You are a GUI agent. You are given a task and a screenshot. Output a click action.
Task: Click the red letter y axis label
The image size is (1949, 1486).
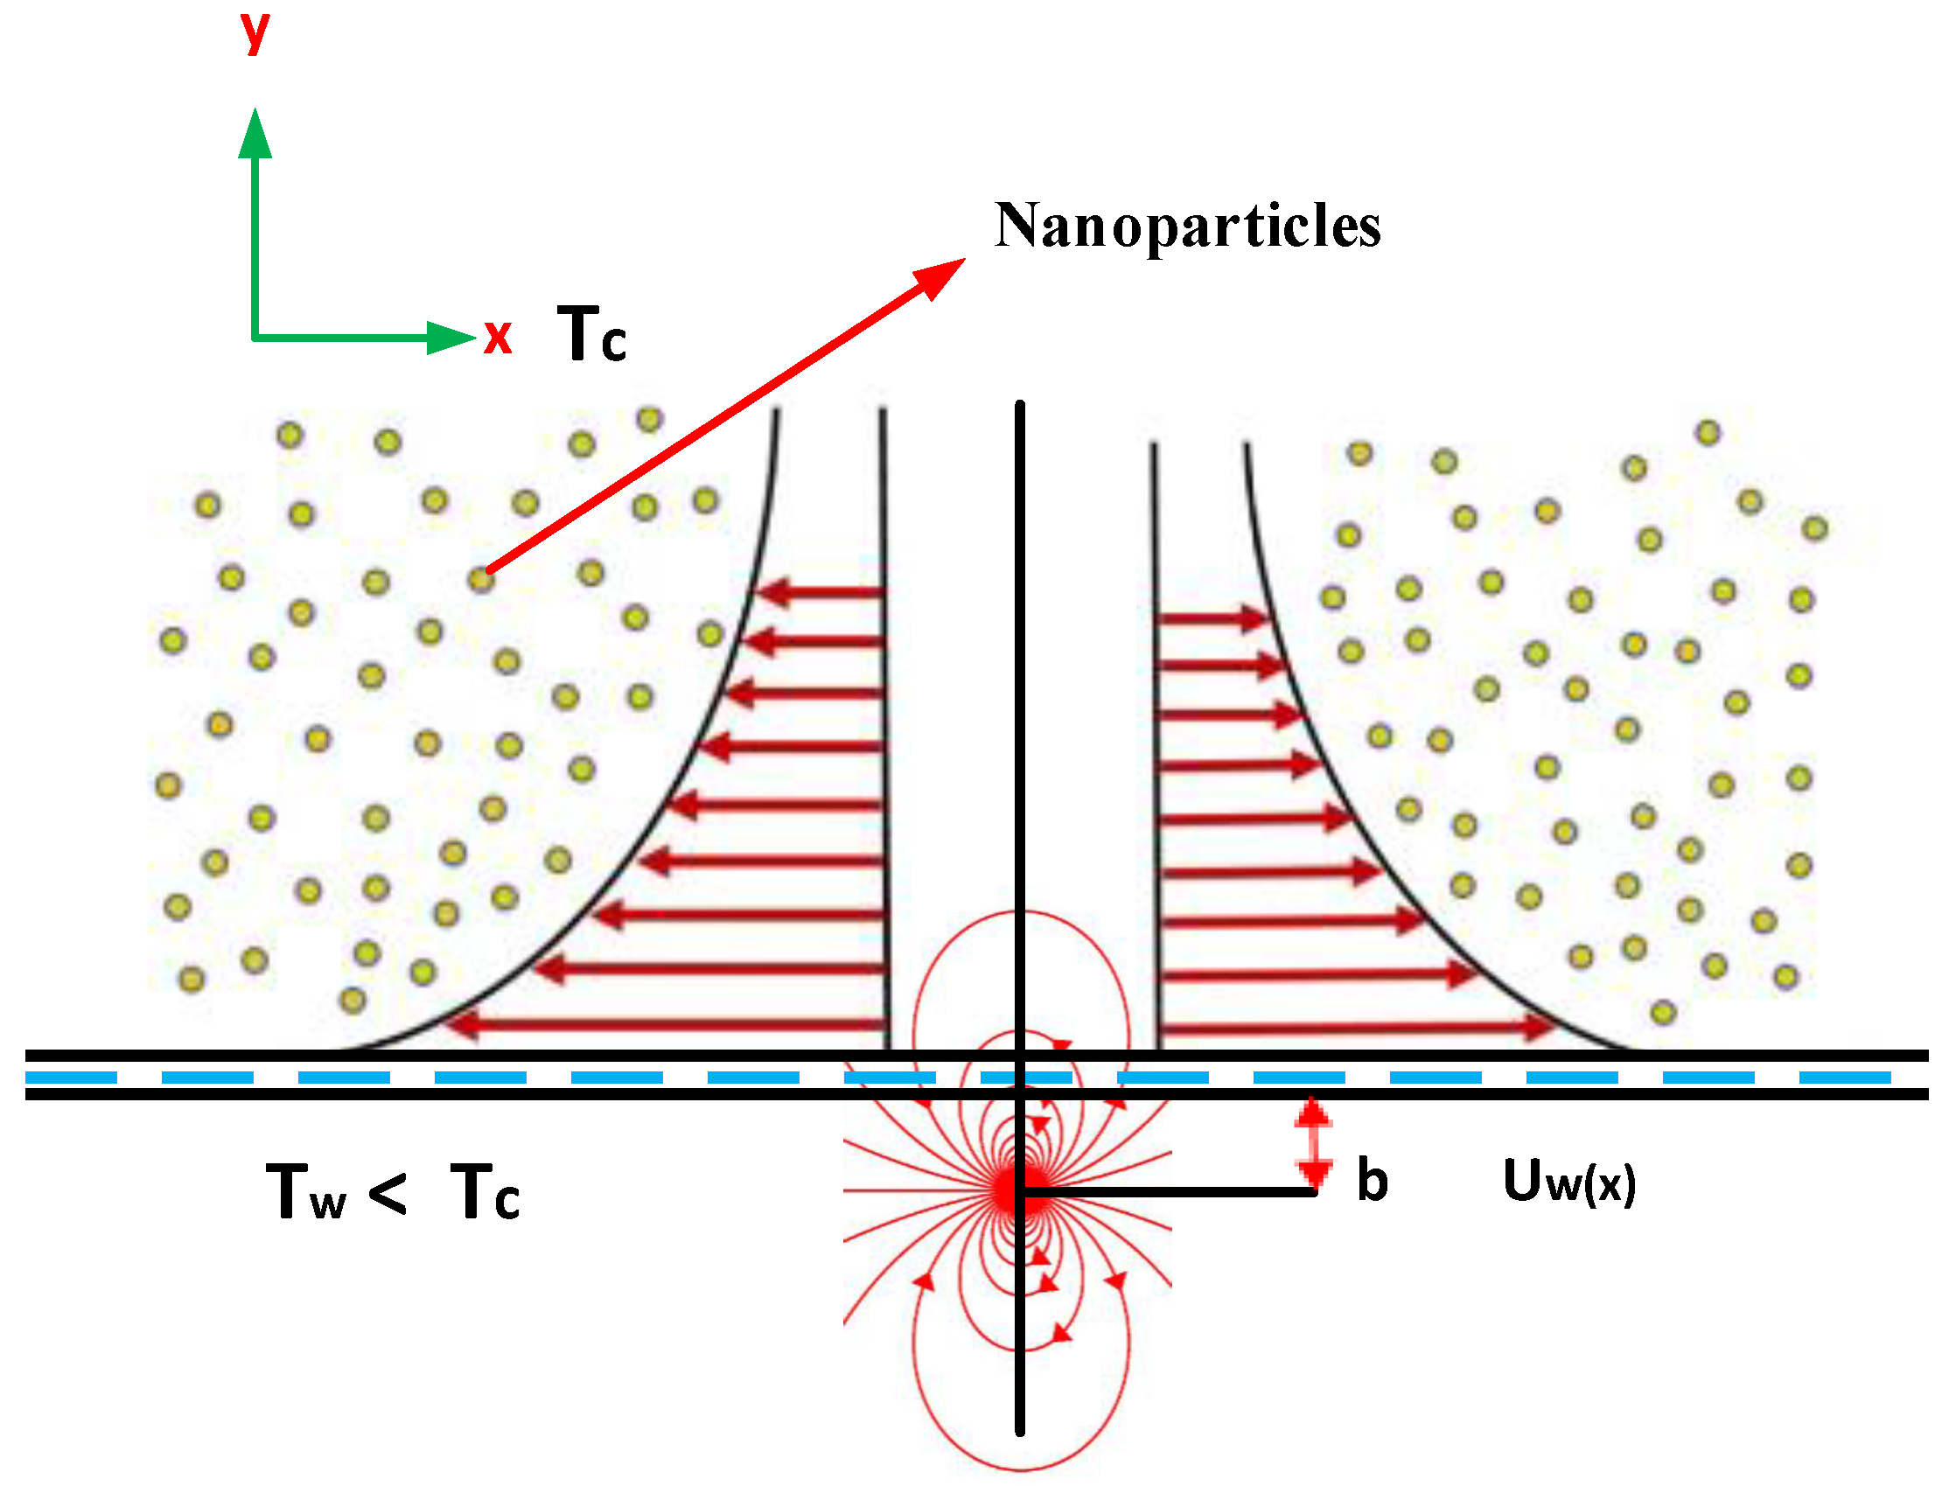255,32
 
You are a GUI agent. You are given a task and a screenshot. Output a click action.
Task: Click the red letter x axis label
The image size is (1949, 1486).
498,337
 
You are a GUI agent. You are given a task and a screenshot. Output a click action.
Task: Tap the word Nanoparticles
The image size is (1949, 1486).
1187,227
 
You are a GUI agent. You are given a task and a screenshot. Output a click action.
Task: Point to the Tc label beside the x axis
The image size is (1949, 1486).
591,333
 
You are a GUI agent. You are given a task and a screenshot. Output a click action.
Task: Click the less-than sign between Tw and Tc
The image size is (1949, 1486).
388,1191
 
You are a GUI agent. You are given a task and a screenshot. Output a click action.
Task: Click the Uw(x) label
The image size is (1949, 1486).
1568,1181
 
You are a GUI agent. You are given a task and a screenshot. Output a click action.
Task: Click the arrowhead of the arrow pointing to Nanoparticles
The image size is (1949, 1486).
941,276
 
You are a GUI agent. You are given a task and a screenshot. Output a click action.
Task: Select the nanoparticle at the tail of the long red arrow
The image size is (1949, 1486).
480,579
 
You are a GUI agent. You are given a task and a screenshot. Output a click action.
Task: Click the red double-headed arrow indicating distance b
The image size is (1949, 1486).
1314,1142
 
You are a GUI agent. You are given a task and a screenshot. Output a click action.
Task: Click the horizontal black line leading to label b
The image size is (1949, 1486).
1168,1191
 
